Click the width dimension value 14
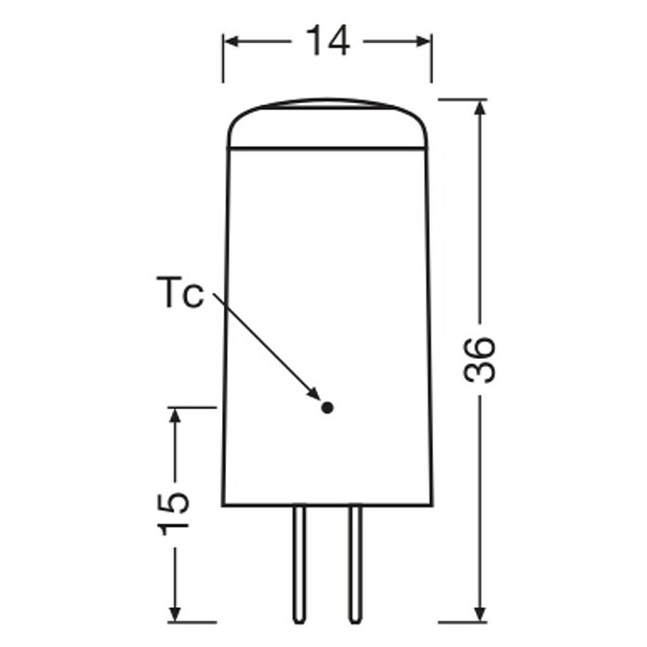pos(328,41)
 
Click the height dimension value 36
pos(479,360)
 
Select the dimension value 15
pos(174,514)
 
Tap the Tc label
pos(180,292)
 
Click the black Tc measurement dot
pos(327,408)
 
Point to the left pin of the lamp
pos(299,564)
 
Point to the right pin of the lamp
pos(355,564)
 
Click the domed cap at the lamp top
pos(327,123)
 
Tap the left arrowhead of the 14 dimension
pos(231,41)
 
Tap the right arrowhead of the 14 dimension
pos(423,41)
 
